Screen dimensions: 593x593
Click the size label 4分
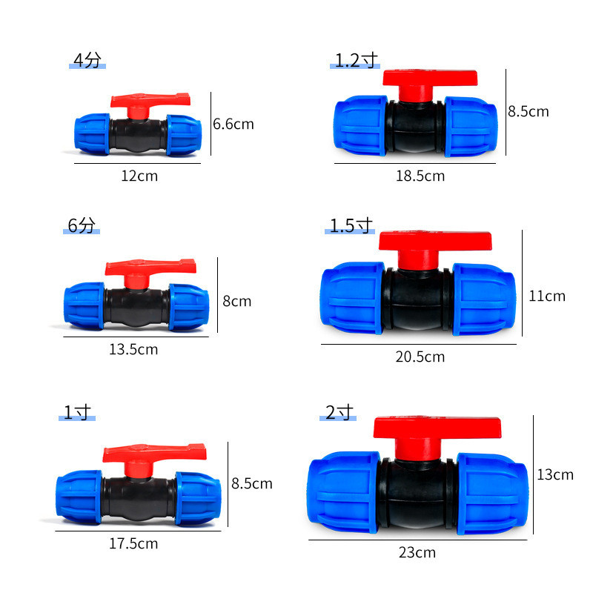(x=87, y=61)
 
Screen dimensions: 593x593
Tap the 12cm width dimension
(x=139, y=176)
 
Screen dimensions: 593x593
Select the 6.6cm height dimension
(x=233, y=124)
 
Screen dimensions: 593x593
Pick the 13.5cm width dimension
(x=133, y=349)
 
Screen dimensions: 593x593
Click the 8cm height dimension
(x=237, y=301)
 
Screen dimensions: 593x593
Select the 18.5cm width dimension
(x=420, y=176)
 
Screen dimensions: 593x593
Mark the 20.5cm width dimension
(x=420, y=357)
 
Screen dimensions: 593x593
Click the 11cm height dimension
(x=547, y=296)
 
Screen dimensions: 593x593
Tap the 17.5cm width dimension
(x=133, y=543)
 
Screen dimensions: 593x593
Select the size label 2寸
(x=339, y=413)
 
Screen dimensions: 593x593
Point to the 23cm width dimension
(x=417, y=552)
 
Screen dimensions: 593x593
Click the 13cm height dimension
(x=555, y=474)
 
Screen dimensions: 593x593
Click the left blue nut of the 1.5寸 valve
(x=351, y=298)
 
